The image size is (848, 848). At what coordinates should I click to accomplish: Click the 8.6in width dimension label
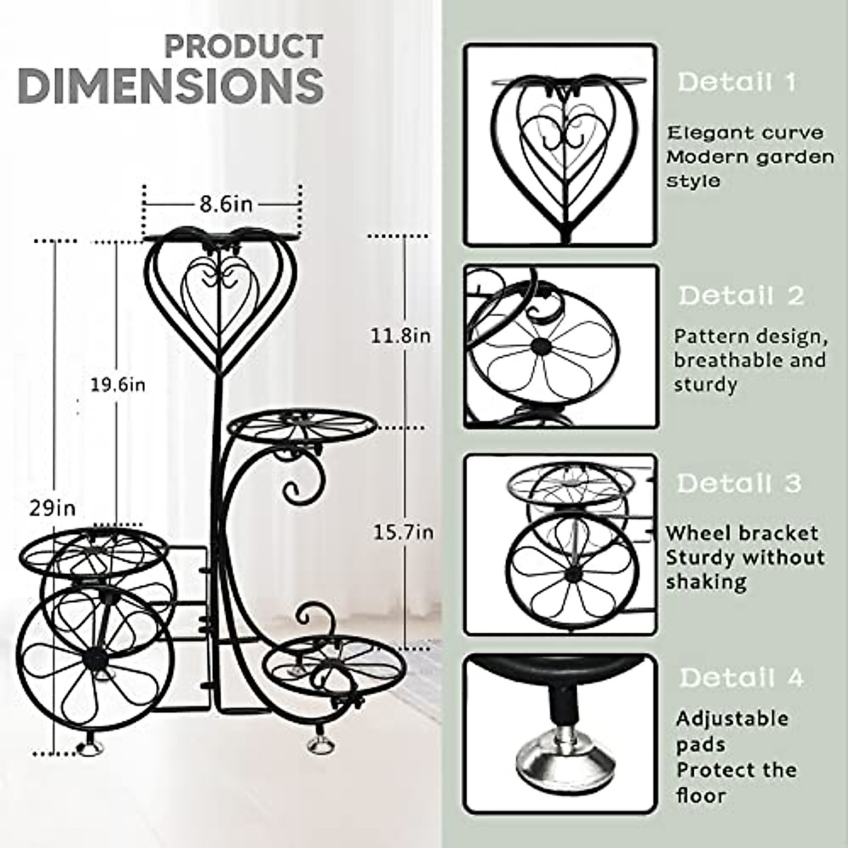pyautogui.click(x=225, y=204)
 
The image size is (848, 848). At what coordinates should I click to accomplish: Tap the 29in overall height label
pyautogui.click(x=52, y=507)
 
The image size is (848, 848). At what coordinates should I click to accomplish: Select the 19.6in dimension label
pyautogui.click(x=117, y=385)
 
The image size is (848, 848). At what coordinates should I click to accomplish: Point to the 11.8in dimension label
pyautogui.click(x=401, y=335)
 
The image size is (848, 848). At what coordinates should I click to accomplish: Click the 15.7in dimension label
pyautogui.click(x=403, y=531)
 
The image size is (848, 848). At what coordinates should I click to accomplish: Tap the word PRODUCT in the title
pyautogui.click(x=244, y=47)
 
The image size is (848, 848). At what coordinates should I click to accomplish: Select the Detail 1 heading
pyautogui.click(x=736, y=82)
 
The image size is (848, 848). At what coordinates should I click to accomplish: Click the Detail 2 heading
pyautogui.click(x=741, y=295)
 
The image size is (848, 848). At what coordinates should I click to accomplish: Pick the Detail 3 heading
pyautogui.click(x=739, y=483)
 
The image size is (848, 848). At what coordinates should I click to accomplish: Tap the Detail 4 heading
pyautogui.click(x=741, y=678)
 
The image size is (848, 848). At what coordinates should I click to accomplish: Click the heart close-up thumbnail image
pyautogui.click(x=560, y=145)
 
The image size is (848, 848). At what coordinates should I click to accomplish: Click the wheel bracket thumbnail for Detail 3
pyautogui.click(x=560, y=546)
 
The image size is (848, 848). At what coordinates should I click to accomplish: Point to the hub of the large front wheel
pyautogui.click(x=94, y=659)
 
